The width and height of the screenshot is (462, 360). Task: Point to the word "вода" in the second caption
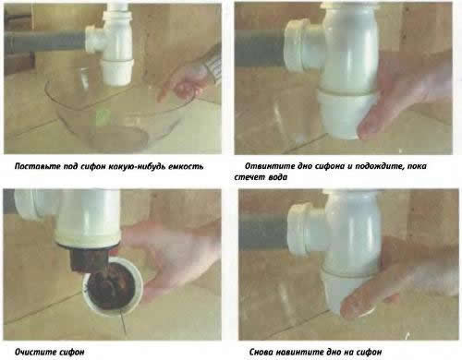pos(278,177)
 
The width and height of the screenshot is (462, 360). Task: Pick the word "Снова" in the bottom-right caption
pos(261,352)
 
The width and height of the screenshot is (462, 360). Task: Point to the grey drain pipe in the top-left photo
pos(44,41)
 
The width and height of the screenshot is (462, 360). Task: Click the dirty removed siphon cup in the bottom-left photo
pos(113,287)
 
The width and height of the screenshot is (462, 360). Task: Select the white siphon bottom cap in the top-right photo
pos(345,113)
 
